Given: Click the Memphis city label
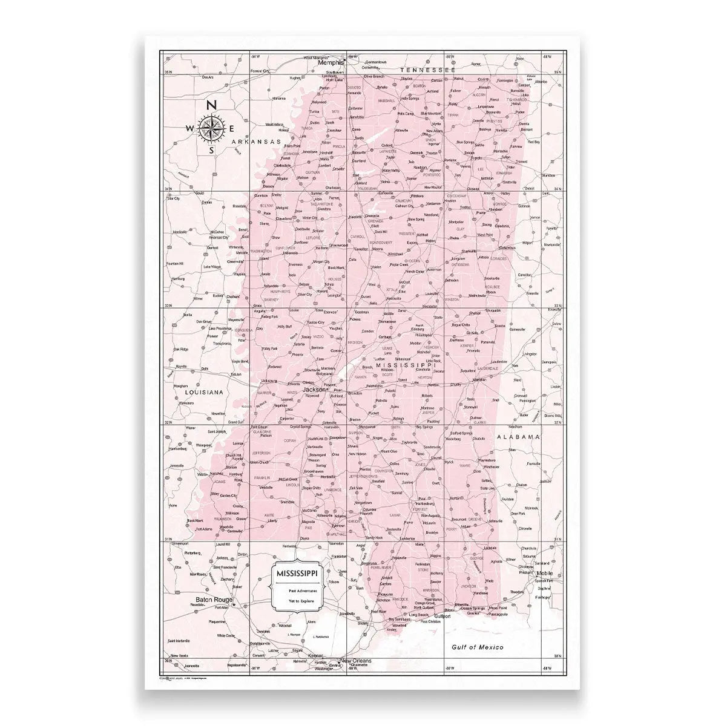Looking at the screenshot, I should coord(331,62).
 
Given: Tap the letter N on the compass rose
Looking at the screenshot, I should coord(211,105).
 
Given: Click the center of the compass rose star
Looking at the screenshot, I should coord(211,127).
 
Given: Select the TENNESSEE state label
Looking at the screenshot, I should coord(427,70).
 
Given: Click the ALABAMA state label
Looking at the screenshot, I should coord(518,436).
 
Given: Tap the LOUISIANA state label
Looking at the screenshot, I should coord(203,392).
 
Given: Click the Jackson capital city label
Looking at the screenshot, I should coord(314,389).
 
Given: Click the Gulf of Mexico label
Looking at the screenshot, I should coord(478,647).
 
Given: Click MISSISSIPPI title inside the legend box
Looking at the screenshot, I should coord(298,572).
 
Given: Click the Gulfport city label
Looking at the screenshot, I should coord(441,616).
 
